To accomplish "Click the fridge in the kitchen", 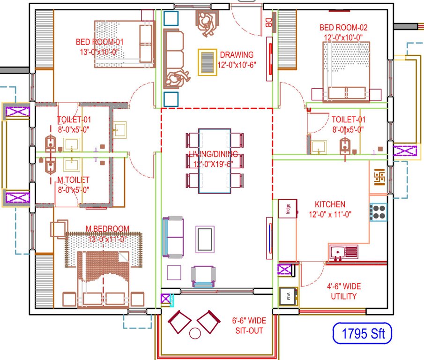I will tap(287, 209).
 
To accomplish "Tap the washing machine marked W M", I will tap(287, 296).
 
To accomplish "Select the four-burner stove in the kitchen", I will tap(379, 212).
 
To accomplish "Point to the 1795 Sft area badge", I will tap(361, 335).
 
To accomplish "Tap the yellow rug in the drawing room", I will tap(207, 62).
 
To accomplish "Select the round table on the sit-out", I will tap(194, 334).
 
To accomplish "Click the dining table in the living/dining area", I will tap(214, 161).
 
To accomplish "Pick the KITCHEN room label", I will tap(330, 204).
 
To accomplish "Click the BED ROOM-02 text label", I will tap(343, 28).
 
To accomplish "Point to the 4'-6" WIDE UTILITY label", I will tap(343, 292).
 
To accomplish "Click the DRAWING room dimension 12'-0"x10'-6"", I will tap(237, 65).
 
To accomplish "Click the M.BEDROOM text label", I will tap(107, 228).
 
